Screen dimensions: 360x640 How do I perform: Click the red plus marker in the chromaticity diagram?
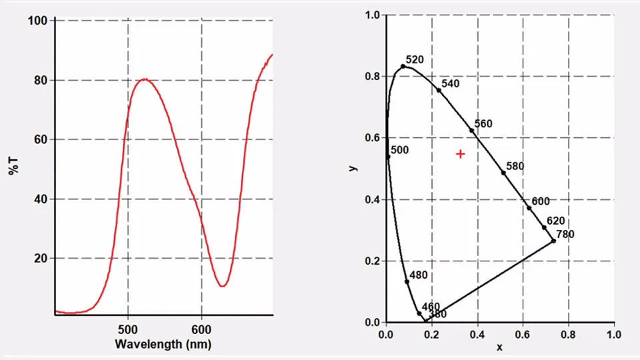pos(460,154)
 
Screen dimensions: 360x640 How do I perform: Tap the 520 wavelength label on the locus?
pos(415,60)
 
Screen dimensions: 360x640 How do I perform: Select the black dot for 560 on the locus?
pos(472,131)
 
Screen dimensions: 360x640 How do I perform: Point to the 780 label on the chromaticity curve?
pos(565,234)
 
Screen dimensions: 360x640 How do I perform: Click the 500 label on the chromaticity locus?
pos(399,151)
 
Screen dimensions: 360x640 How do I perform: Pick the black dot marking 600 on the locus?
pos(529,208)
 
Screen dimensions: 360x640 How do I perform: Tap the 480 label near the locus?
pos(419,275)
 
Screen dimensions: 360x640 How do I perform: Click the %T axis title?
pos(13,165)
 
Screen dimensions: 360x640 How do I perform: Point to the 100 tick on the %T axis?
pos(37,21)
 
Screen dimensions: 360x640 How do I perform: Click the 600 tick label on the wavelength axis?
pos(201,329)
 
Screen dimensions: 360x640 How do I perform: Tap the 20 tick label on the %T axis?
pos(41,258)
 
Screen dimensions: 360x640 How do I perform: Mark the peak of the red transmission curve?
pos(144,79)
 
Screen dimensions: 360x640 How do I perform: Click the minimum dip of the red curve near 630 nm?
pos(222,286)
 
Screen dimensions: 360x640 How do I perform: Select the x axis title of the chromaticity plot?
pos(499,347)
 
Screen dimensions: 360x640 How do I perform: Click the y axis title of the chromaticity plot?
pos(353,168)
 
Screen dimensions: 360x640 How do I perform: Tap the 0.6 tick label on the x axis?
pos(522,333)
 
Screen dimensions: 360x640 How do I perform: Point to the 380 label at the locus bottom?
pos(437,314)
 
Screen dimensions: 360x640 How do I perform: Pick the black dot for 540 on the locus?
pos(439,89)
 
